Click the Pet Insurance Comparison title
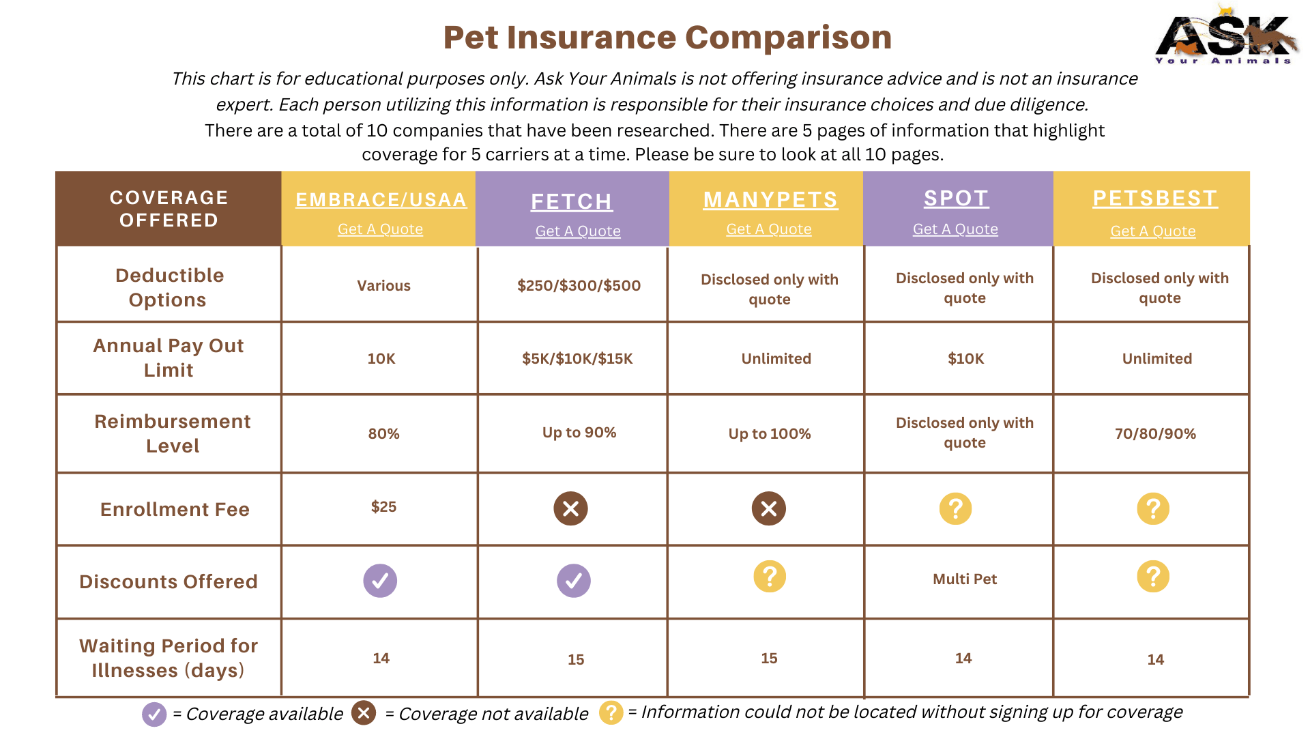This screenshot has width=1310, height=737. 667,38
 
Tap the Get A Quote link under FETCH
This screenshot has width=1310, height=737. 577,231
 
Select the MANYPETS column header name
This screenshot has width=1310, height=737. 770,199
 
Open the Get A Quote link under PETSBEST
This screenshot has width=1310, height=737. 1152,231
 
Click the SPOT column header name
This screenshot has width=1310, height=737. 956,198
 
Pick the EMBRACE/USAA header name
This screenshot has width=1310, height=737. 381,199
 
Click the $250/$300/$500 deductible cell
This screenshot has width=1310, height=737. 579,285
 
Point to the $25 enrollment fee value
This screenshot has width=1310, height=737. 383,506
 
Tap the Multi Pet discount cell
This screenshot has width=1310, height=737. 964,579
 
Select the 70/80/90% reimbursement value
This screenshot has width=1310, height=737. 1155,433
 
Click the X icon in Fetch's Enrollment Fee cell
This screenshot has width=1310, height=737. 570,508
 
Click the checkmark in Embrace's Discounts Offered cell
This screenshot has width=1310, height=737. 380,581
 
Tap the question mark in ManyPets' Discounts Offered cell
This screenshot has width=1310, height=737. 769,577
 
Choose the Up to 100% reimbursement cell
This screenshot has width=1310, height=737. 769,433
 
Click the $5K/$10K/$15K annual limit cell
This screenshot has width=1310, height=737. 577,358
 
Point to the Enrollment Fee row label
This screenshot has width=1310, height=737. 175,509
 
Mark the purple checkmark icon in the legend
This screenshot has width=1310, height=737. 154,714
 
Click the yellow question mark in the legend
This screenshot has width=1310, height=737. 611,712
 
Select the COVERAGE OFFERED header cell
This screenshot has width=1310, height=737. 169,209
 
